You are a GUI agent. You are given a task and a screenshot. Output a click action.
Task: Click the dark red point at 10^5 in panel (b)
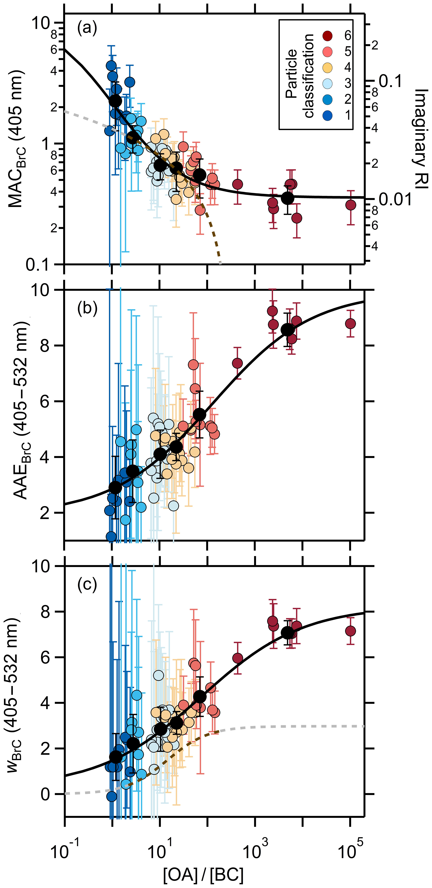(x=350, y=323)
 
